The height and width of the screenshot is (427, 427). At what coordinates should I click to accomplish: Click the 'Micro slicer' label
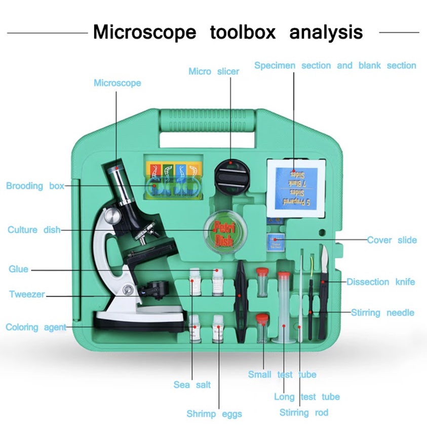click(213, 71)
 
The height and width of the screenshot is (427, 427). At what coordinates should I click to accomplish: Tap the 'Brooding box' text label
click(35, 186)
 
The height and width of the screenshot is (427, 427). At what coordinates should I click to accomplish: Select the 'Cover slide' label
click(392, 240)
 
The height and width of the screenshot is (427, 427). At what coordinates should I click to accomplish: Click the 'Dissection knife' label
click(380, 282)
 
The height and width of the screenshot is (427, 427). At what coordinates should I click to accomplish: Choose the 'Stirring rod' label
click(304, 412)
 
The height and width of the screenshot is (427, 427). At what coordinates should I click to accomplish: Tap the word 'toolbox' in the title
click(243, 32)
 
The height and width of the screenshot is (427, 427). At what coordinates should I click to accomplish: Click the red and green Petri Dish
click(222, 229)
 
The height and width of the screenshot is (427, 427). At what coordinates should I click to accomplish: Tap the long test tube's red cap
click(284, 276)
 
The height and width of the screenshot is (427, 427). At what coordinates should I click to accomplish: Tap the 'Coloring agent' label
click(36, 327)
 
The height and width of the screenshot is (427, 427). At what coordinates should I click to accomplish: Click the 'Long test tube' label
click(306, 397)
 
